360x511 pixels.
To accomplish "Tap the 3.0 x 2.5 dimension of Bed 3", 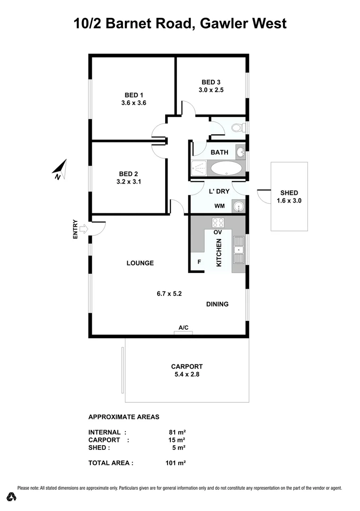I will pos(211,89).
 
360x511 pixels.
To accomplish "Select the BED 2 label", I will pos(128,174).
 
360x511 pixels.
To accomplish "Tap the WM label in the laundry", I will pos(220,206).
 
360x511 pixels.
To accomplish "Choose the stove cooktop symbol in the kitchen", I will pos(218,222).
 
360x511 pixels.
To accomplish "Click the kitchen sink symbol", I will pos(238,255).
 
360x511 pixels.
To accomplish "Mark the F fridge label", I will pos(199,261).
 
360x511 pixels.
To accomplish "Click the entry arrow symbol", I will pos(83,229).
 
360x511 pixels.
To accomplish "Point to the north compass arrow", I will pos(60,169).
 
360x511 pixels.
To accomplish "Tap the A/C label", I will pos(184,327).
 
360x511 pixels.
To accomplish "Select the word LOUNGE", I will pos(140,263).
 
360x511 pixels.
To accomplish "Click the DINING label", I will pos(217,304).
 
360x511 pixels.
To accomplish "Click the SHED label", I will pos(289,193).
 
